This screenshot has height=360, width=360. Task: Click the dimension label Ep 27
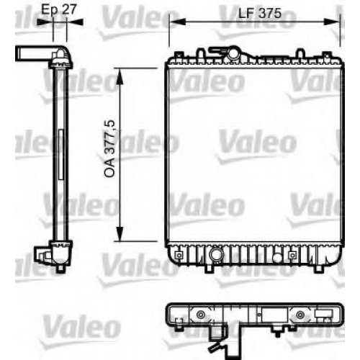(x=59, y=10)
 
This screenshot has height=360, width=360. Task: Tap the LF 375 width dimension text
(x=259, y=13)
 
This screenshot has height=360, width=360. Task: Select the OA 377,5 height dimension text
(x=109, y=149)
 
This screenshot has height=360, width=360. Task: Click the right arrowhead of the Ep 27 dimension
(x=75, y=22)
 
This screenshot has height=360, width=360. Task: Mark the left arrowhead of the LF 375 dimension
(x=178, y=22)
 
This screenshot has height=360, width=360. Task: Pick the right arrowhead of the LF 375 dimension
(x=331, y=22)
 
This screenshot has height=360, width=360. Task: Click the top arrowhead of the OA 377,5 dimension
(x=120, y=76)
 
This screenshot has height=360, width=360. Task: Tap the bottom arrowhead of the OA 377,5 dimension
(x=120, y=233)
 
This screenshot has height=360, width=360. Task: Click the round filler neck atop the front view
(x=233, y=54)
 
